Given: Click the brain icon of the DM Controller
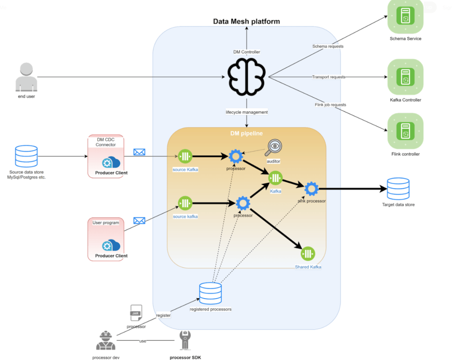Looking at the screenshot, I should (x=247, y=77).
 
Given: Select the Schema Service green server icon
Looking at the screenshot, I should (x=405, y=18).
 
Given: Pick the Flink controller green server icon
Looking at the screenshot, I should (x=405, y=131).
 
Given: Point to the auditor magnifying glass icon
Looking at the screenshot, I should (x=274, y=146).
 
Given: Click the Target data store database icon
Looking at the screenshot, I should (x=398, y=189).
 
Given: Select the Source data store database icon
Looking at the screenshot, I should (x=27, y=156).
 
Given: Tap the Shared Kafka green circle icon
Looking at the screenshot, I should (x=308, y=254).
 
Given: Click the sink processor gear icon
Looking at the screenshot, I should (x=311, y=189).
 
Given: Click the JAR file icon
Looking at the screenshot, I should (x=136, y=313).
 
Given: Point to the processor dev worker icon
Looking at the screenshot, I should (x=106, y=341).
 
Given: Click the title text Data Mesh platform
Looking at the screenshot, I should (x=246, y=21).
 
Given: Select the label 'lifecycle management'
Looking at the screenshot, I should (x=247, y=112).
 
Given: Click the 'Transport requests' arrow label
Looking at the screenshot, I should (x=328, y=77).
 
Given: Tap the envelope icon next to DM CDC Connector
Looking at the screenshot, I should (x=139, y=152).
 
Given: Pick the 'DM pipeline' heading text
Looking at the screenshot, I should (x=246, y=133).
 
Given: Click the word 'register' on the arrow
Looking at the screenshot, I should (x=163, y=315).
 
